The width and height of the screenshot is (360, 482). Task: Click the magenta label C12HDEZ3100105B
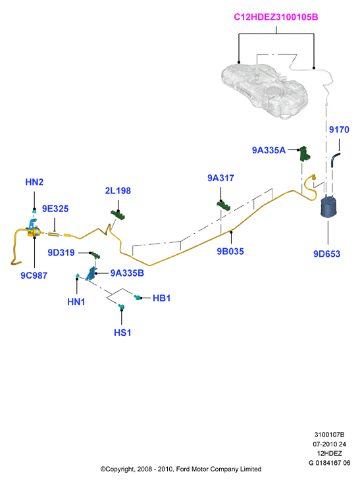point(276,17)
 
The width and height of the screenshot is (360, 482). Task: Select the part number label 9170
point(339,130)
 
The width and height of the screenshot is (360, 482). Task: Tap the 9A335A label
point(269,150)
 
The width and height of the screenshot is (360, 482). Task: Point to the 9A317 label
point(220,178)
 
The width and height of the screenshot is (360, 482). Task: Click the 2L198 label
point(118,190)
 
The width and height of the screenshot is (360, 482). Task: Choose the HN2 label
point(34,182)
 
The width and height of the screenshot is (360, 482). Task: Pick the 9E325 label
point(55,209)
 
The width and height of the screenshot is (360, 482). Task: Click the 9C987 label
point(34,275)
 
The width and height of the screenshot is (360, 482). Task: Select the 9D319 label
point(61,253)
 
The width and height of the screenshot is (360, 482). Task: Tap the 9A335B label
point(127,273)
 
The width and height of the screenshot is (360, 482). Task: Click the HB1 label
point(161,298)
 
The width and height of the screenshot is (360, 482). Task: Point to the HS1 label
point(122,333)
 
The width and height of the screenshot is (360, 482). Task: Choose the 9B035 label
point(230,252)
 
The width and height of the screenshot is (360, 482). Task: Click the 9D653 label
point(327,254)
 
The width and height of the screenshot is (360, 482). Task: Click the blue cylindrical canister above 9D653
point(328,207)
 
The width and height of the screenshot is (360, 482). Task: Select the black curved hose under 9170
point(334,159)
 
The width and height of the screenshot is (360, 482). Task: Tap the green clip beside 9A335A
point(305,154)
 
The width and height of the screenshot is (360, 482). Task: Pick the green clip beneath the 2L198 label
point(118,214)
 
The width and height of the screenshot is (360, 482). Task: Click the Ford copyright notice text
point(181,469)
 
